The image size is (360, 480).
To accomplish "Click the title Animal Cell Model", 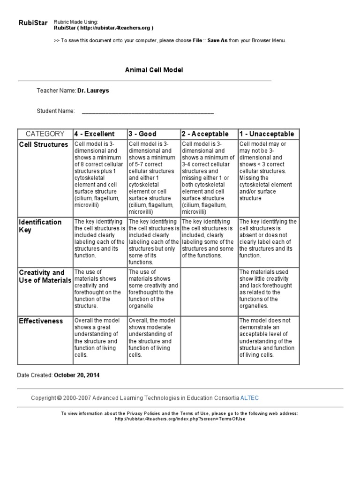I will coord(154,70).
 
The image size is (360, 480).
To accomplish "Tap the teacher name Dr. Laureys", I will coord(93,90).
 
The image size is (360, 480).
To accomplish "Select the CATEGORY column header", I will coord(45,134).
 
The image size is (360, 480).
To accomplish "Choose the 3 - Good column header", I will coord(142,134).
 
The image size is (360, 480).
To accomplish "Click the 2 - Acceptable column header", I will coord(205,134).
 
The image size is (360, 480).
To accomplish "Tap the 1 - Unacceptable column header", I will coord(266,134).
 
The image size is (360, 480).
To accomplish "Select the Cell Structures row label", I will coord(44,145).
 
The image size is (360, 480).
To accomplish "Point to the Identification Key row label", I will coord(40,225).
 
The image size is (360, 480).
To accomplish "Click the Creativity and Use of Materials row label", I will coord(45,276).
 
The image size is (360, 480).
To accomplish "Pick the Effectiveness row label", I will coord(41,321).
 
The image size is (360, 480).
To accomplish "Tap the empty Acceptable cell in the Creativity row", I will coord(209,291).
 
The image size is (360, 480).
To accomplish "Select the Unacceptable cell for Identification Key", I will coord(268,239).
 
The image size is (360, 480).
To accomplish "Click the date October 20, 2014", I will coord(77,375).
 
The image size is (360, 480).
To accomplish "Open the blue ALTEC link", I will coord(249,398).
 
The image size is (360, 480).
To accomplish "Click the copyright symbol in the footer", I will coord(60,398).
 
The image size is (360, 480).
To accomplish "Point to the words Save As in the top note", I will coord(217,41).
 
